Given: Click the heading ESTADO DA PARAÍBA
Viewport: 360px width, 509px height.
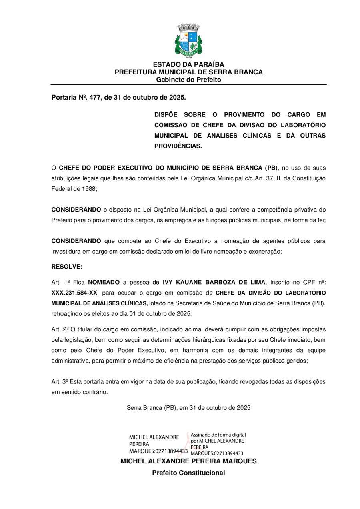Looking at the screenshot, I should pyautogui.click(x=188, y=64).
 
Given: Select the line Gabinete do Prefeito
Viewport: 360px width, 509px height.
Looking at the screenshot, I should pyautogui.click(x=188, y=80).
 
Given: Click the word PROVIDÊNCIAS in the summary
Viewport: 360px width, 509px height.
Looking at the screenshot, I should pyautogui.click(x=178, y=146).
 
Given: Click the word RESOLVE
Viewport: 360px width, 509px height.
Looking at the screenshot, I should pyautogui.click(x=67, y=266).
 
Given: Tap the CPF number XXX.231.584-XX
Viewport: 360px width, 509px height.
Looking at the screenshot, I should pyautogui.click(x=74, y=293).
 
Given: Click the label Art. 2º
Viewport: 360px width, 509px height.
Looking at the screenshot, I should pyautogui.click(x=60, y=329).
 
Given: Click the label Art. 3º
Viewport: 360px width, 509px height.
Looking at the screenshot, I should pyautogui.click(x=60, y=381).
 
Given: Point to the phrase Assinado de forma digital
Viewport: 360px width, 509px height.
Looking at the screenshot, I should pyautogui.click(x=218, y=435).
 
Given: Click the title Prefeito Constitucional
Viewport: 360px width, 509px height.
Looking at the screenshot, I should pyautogui.click(x=188, y=473).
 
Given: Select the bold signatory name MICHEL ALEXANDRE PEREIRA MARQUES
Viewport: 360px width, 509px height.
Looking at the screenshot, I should pyautogui.click(x=188, y=461).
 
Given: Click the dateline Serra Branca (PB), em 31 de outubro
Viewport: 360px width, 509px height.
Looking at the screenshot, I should pyautogui.click(x=188, y=408).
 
